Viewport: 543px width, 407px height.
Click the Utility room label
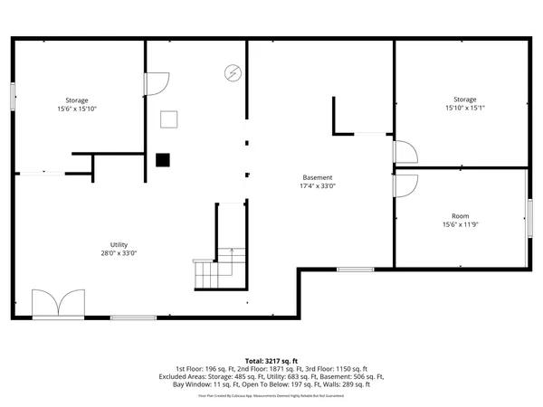point(119,244)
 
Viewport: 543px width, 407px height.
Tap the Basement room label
point(317,177)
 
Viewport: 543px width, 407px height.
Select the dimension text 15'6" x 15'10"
point(76,109)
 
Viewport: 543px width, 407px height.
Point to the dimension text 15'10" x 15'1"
point(465,109)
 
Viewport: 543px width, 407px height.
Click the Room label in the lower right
point(461,216)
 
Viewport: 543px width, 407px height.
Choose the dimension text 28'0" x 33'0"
point(119,254)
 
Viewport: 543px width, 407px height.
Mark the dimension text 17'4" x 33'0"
point(317,186)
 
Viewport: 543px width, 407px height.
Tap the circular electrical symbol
point(233,72)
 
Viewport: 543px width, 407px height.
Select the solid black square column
point(162,160)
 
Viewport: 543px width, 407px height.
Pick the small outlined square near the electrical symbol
point(169,118)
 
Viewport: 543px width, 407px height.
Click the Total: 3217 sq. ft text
point(271,360)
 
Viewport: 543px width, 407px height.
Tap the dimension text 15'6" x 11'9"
point(461,225)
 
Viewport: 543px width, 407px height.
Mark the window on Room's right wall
point(529,218)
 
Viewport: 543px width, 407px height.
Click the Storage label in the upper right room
point(465,99)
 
